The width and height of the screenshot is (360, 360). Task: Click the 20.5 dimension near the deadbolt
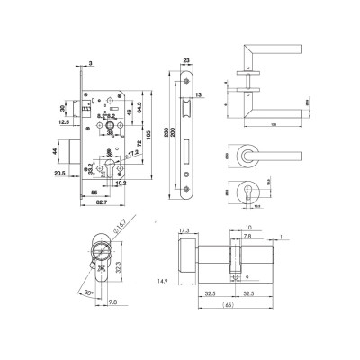60,173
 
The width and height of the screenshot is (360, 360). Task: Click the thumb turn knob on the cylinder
186,258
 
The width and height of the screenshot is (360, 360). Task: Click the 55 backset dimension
94,193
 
